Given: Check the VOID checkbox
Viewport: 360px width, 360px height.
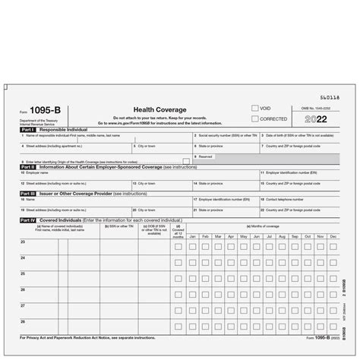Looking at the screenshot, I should click(254, 109).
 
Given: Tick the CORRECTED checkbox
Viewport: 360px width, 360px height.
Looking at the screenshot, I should click(254, 119).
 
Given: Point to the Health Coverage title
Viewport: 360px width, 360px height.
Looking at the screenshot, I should click(151, 109).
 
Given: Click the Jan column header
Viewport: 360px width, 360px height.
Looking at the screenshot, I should click(193, 236).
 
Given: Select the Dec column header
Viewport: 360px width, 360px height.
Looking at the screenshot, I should click(332, 236).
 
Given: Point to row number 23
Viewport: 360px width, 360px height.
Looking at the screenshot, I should click(23, 242).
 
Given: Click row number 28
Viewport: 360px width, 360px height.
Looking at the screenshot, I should click(23, 321).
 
